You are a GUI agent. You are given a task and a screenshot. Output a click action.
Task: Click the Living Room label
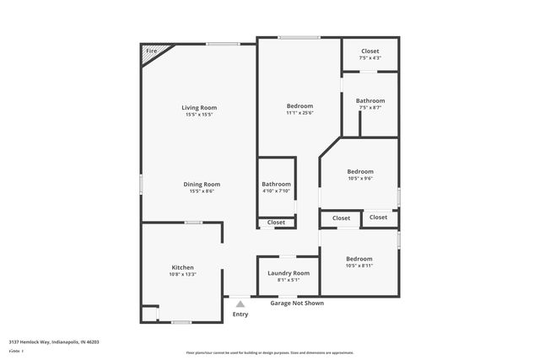[199, 107]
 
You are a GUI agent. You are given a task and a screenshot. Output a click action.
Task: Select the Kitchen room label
[183, 266]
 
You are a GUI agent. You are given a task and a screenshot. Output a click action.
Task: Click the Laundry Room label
[289, 273]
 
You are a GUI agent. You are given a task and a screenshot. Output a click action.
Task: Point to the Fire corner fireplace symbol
[152, 52]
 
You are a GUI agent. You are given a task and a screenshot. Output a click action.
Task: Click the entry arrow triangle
[240, 304]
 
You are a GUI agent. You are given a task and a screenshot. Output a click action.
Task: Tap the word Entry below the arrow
[240, 314]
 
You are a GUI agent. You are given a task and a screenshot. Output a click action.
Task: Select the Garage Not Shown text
[296, 303]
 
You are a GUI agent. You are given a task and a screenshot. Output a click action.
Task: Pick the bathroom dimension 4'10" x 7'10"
[276, 191]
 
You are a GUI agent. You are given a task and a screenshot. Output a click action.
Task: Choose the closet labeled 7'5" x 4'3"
[370, 58]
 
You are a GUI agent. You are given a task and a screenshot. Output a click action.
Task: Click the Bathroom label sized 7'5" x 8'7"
[370, 100]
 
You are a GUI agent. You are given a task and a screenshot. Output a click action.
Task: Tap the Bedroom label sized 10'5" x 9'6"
[360, 171]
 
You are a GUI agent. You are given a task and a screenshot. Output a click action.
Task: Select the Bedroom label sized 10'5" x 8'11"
[359, 259]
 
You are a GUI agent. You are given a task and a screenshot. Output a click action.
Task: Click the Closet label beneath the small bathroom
[276, 223]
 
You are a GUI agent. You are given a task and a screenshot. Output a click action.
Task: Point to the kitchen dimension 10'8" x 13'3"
[183, 274]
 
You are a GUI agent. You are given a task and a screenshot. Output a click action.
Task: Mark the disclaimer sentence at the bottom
[270, 353]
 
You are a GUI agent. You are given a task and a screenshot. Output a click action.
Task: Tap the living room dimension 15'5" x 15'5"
[199, 115]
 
